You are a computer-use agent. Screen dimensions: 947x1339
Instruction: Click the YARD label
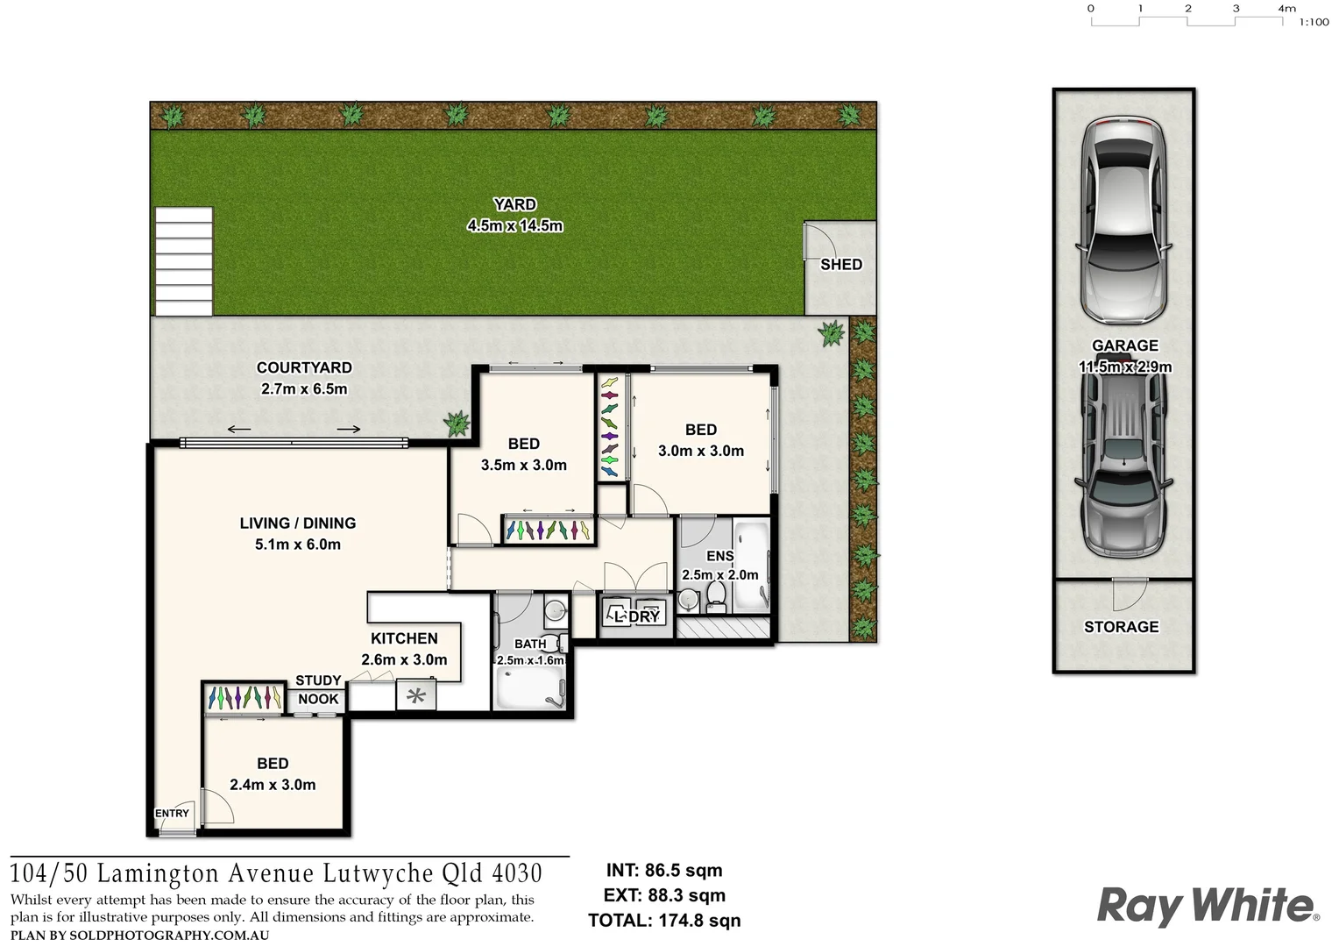click(x=514, y=204)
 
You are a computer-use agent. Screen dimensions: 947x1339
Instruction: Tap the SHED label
click(x=840, y=264)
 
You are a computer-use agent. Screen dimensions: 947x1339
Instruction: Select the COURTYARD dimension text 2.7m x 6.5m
click(x=304, y=388)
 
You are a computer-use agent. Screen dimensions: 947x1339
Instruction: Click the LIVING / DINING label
click(x=297, y=523)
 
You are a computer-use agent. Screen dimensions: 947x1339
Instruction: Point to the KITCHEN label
click(x=404, y=638)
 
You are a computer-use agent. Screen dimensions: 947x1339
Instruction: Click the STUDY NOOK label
click(x=318, y=689)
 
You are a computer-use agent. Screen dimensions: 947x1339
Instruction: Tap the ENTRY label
click(x=172, y=813)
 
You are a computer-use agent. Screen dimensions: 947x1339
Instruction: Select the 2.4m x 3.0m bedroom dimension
click(x=273, y=785)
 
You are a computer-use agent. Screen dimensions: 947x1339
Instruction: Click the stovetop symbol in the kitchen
click(x=415, y=696)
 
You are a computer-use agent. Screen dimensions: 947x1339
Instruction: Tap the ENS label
click(x=719, y=556)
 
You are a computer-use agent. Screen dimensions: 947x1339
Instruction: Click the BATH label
click(x=530, y=644)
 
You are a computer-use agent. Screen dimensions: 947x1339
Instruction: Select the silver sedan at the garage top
click(x=1124, y=219)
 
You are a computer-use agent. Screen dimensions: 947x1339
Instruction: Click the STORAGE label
click(x=1121, y=627)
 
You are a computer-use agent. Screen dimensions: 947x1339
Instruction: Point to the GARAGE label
click(x=1124, y=345)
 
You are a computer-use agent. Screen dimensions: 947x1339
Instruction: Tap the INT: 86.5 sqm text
click(x=664, y=871)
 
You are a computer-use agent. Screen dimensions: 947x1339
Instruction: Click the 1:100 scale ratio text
click(x=1314, y=22)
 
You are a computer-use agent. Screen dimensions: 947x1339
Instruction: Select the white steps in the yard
click(x=184, y=261)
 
